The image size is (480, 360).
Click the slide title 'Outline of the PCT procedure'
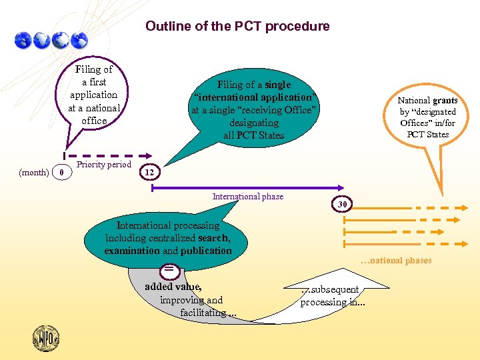(x=237, y=27)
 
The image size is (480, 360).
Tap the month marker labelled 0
(x=61, y=173)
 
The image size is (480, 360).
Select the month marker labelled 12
(x=149, y=173)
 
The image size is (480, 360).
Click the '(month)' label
(x=33, y=173)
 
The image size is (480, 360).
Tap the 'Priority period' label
(x=104, y=165)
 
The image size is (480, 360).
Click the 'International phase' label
(x=247, y=197)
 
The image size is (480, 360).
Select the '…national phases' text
(x=396, y=261)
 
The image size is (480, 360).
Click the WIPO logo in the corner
(x=46, y=338)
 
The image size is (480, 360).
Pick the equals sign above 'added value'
(x=170, y=269)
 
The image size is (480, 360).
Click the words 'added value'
(x=173, y=287)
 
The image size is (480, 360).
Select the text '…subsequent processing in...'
(x=332, y=296)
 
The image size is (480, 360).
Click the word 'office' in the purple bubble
(x=94, y=121)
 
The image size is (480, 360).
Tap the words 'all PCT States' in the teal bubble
(x=254, y=135)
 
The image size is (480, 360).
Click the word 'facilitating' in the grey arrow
(x=203, y=312)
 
